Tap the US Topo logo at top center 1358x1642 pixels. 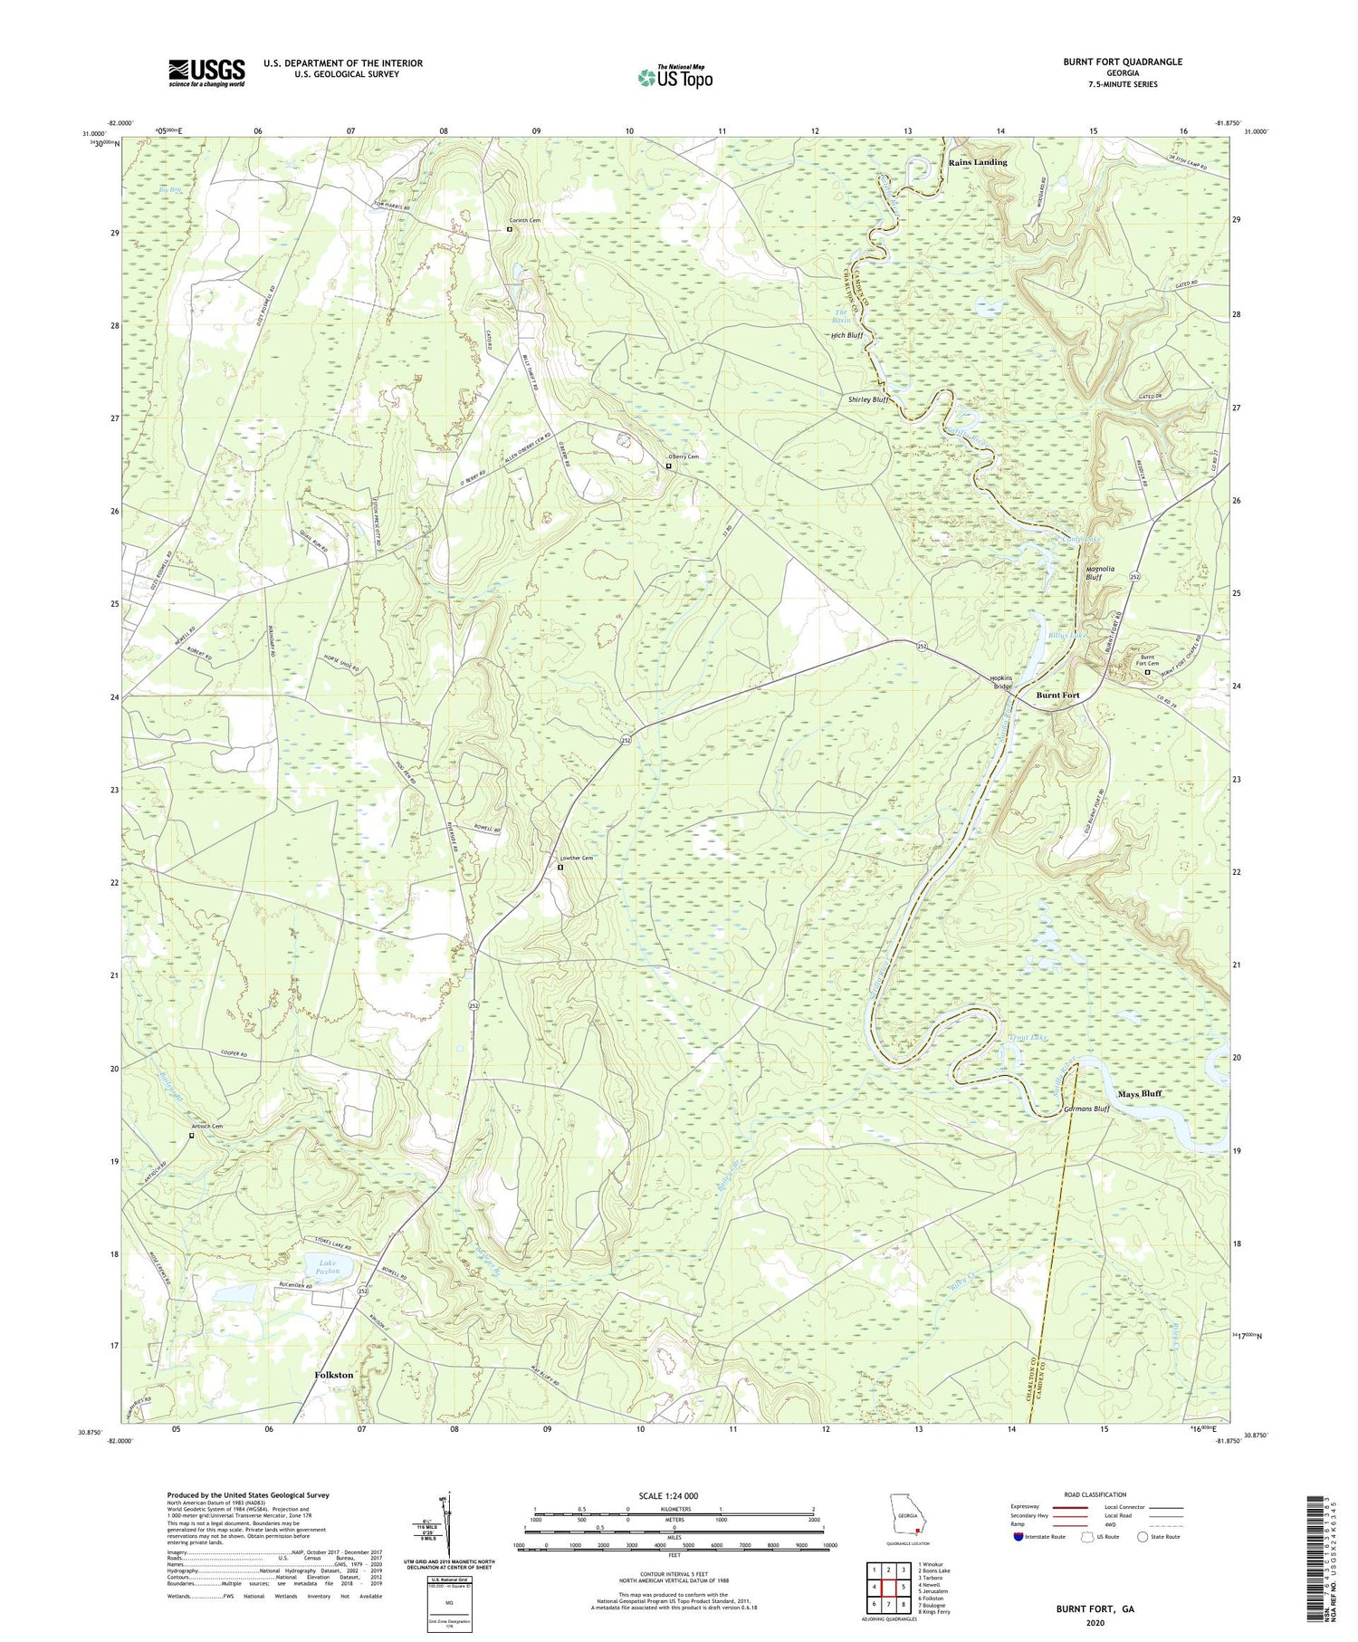pyautogui.click(x=674, y=77)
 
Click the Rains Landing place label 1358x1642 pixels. pyautogui.click(x=977, y=162)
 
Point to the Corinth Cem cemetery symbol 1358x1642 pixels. pyautogui.click(x=509, y=229)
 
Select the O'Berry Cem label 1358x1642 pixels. pyautogui.click(x=684, y=456)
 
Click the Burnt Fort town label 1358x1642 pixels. pyautogui.click(x=1057, y=695)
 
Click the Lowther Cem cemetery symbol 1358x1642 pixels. pyautogui.click(x=559, y=867)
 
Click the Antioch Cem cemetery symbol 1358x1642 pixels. pyautogui.click(x=192, y=1135)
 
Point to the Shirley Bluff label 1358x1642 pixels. pyautogui.click(x=869, y=398)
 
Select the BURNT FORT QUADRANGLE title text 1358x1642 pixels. pyautogui.click(x=1123, y=62)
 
